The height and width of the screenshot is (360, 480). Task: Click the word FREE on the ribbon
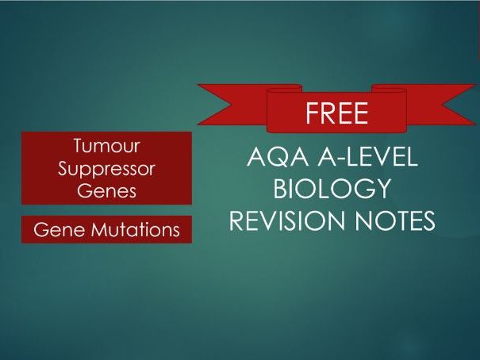coord(336,113)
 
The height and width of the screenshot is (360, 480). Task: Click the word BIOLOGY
coord(332,188)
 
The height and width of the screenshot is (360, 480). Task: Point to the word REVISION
coord(287,220)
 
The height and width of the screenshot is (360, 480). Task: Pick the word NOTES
coord(395,220)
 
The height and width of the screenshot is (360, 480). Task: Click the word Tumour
coord(106,146)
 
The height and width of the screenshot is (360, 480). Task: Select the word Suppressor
coord(106,169)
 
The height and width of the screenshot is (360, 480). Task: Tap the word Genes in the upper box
coord(106,191)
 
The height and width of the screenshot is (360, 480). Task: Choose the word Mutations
coord(136,229)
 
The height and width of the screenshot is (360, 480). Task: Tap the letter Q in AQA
coord(278,157)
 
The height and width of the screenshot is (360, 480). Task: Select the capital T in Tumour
coord(79,146)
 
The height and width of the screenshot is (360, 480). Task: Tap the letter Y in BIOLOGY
coord(382,188)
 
